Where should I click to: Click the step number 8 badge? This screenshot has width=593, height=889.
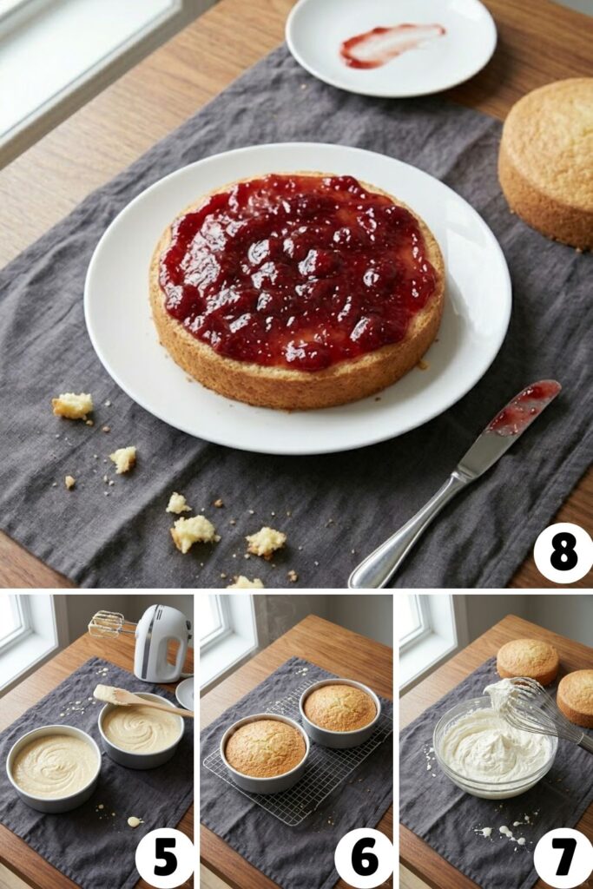pyautogui.click(x=563, y=553)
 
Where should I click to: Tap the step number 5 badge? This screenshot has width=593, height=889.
pyautogui.click(x=164, y=858)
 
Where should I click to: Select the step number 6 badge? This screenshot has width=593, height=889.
pyautogui.click(x=364, y=858)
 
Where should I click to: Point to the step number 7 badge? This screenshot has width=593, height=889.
pyautogui.click(x=563, y=858)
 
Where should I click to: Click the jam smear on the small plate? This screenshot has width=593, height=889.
pyautogui.click(x=392, y=43)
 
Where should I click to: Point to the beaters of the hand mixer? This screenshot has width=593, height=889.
pyautogui.click(x=108, y=622)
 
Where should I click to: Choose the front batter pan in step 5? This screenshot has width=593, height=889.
pyautogui.click(x=54, y=766)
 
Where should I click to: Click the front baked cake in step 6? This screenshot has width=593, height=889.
pyautogui.click(x=265, y=747)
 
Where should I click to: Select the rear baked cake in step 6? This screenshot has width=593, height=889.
pyautogui.click(x=339, y=707)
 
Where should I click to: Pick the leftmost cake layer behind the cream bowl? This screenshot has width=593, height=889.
pyautogui.click(x=527, y=661)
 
